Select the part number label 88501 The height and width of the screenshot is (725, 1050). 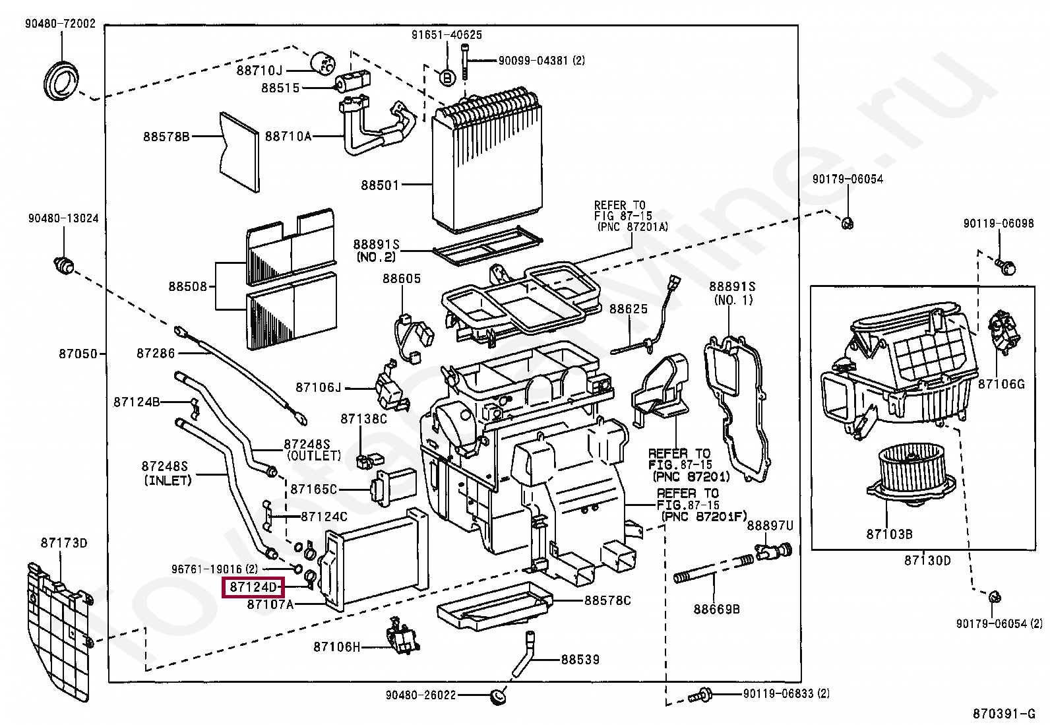tap(379, 185)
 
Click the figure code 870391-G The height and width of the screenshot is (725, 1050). tap(1004, 713)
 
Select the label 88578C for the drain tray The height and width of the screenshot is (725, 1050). tap(607, 600)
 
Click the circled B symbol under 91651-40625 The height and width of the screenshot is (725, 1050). tap(447, 78)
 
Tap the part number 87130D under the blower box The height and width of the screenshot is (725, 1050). tap(927, 561)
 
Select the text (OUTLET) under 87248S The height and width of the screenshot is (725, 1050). tap(313, 456)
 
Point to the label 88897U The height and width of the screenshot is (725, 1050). tap(770, 525)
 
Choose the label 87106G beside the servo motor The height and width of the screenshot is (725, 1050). tap(1001, 383)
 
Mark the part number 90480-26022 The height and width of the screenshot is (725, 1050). tap(421, 695)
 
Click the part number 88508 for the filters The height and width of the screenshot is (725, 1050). tap(187, 286)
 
